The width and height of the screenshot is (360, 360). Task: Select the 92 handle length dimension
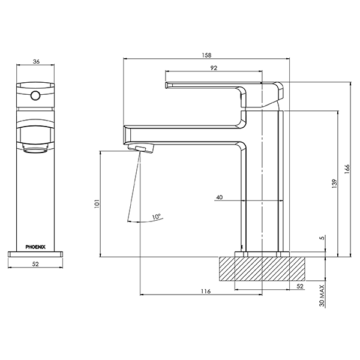tap(214, 68)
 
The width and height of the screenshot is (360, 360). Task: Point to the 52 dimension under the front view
tap(35, 264)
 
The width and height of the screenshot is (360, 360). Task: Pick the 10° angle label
tap(157, 216)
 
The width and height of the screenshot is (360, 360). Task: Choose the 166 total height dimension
tap(347, 170)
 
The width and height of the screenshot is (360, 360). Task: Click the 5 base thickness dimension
tap(322, 238)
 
